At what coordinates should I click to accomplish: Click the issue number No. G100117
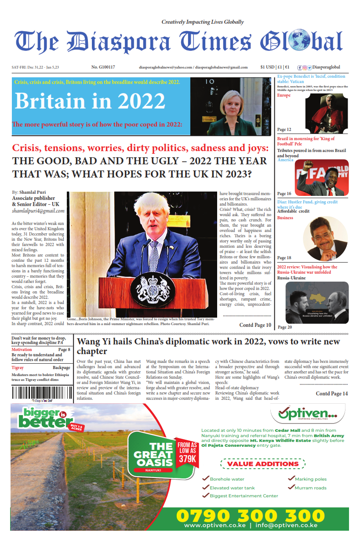click(x=103, y=67)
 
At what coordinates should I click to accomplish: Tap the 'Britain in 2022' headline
click(x=90, y=101)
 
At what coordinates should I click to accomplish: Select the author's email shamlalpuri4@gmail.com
click(x=38, y=211)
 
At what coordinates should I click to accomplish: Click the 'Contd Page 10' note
click(x=255, y=325)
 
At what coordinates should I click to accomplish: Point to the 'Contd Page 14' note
click(x=332, y=394)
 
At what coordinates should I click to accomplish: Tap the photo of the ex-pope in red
click(x=327, y=113)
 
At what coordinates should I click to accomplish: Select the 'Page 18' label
click(x=284, y=258)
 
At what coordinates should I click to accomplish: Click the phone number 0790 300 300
click(x=250, y=516)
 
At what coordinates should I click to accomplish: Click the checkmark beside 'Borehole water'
click(x=205, y=479)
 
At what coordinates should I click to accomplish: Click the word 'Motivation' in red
click(x=22, y=350)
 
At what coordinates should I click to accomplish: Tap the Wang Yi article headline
click(x=208, y=346)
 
